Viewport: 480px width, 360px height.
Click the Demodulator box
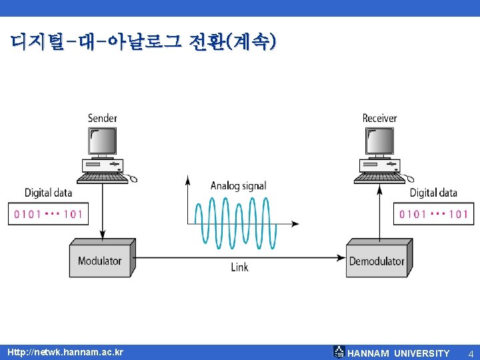(377, 261)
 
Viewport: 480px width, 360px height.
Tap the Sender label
(102, 118)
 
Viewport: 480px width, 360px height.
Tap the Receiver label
(379, 118)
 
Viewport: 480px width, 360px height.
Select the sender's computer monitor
(102, 141)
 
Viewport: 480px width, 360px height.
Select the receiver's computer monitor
(379, 141)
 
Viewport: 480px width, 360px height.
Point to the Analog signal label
(238, 186)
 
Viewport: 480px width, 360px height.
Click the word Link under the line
(239, 267)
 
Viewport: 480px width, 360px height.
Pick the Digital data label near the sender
(48, 193)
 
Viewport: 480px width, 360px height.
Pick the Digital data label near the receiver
(433, 193)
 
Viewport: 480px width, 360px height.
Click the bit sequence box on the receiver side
(433, 214)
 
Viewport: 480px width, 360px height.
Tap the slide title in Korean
(143, 43)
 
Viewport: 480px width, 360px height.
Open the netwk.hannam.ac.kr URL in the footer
(65, 352)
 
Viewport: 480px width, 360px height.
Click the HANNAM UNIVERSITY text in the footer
(399, 353)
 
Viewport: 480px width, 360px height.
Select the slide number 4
(470, 353)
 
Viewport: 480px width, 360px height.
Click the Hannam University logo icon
(339, 352)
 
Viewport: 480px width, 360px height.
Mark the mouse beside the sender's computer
(133, 178)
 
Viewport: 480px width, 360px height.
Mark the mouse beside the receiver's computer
(411, 178)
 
